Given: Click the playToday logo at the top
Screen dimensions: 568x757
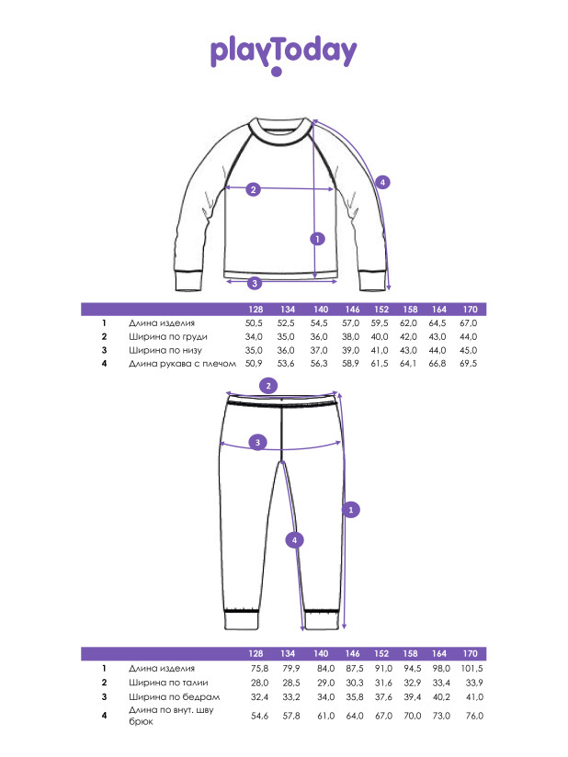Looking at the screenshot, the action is click(x=283, y=54).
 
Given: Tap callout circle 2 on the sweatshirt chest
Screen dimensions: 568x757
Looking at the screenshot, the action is click(x=254, y=189).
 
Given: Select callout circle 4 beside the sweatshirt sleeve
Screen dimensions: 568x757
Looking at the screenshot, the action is click(x=382, y=183).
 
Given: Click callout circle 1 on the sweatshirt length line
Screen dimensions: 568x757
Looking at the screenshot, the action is click(x=317, y=239).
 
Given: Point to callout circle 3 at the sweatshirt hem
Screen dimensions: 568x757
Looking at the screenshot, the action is click(x=255, y=283).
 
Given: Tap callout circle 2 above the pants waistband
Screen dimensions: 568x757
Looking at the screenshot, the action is click(x=268, y=386).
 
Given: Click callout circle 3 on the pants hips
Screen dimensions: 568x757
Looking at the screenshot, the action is click(x=257, y=442).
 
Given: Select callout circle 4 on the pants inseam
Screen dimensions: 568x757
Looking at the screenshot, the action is click(x=295, y=540).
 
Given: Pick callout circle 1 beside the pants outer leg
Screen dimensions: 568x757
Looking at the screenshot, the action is click(x=351, y=509).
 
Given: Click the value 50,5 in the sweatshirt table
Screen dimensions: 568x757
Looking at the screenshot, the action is click(x=254, y=323).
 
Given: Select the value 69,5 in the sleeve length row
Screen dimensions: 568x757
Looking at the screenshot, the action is click(x=468, y=363).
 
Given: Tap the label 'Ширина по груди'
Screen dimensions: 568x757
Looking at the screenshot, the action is click(x=168, y=336).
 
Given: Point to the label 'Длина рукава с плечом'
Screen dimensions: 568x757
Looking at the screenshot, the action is click(x=182, y=363).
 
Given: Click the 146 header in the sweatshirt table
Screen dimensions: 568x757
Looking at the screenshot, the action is click(x=352, y=310).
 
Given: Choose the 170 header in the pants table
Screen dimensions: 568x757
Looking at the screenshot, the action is click(x=470, y=654).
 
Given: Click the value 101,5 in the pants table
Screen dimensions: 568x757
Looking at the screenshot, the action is click(x=471, y=668).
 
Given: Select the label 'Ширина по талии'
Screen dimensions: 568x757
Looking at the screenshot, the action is click(x=168, y=683).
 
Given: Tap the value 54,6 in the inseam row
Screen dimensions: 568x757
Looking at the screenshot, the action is click(x=259, y=716).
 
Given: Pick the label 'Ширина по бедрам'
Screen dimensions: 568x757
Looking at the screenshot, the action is click(x=175, y=696).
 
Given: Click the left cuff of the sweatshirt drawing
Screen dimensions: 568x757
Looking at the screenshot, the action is click(x=188, y=281).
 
